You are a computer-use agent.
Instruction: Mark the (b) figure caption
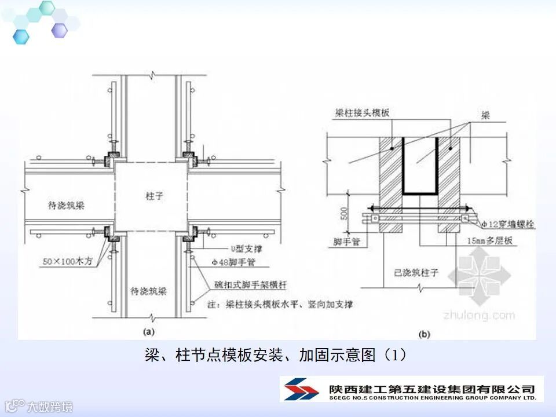pos(425,334)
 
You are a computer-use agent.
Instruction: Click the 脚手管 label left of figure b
pos(348,242)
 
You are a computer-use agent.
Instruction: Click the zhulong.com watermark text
pos(478,315)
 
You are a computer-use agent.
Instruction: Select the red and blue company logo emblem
pos(299,389)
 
